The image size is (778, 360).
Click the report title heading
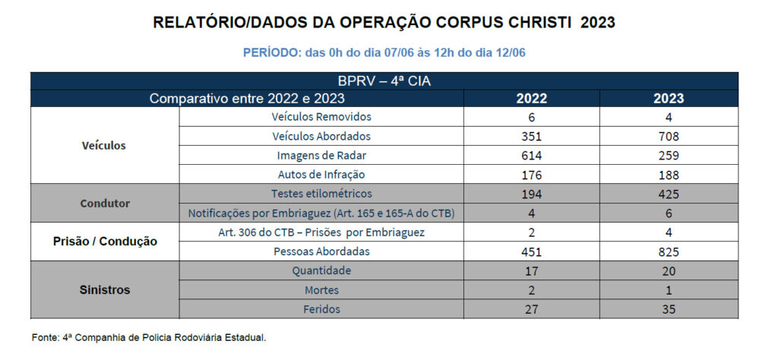pyautogui.click(x=384, y=23)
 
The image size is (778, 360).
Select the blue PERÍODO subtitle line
pyautogui.click(x=384, y=52)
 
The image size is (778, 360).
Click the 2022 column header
pyautogui.click(x=531, y=98)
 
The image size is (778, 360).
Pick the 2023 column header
pyautogui.click(x=668, y=98)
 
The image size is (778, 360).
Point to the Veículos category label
pyautogui.click(x=104, y=145)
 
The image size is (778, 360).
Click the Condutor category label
pyautogui.click(x=105, y=204)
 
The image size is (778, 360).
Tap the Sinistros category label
pyautogui.click(x=105, y=289)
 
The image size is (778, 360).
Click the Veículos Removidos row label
pyautogui.click(x=321, y=117)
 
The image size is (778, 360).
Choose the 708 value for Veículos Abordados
pyautogui.click(x=669, y=137)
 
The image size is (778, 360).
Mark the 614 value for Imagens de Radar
pyautogui.click(x=531, y=156)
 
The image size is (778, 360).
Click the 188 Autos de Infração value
pyautogui.click(x=669, y=175)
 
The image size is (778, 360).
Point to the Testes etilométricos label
pyautogui.click(x=321, y=194)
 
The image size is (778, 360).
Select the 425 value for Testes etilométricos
pyautogui.click(x=669, y=194)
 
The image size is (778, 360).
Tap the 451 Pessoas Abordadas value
pyautogui.click(x=531, y=251)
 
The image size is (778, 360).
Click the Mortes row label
pyautogui.click(x=321, y=289)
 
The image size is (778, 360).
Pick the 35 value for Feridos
pyautogui.click(x=669, y=309)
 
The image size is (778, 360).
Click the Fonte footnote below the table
pyautogui.click(x=149, y=336)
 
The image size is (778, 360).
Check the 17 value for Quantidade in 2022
pyautogui.click(x=531, y=270)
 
